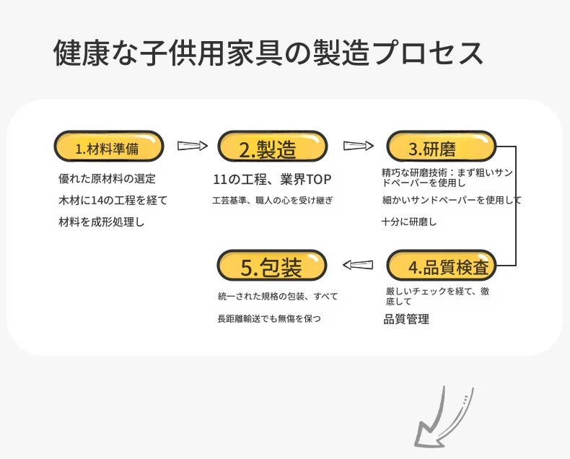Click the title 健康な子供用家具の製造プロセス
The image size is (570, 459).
tap(268, 53)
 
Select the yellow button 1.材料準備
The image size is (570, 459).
tap(109, 147)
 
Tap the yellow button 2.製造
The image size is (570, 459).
tap(273, 147)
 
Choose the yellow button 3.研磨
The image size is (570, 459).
tap(442, 147)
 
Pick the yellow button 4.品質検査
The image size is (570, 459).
tap(442, 265)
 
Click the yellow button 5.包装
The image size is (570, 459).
tap(272, 265)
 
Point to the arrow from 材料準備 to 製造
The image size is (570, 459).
tap(193, 146)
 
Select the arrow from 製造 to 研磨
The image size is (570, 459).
tap(359, 146)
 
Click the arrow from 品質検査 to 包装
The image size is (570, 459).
tap(358, 265)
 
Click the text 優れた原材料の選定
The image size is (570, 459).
tap(107, 178)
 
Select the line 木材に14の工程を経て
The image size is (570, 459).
tap(113, 200)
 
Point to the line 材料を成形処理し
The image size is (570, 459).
tap(102, 222)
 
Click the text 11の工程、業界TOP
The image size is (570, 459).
tap(272, 179)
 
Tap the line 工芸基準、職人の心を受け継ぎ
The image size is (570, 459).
tap(272, 201)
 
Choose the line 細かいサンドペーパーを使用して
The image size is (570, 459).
tap(452, 200)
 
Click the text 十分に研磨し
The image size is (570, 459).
tap(409, 222)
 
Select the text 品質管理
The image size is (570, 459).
tap(406, 319)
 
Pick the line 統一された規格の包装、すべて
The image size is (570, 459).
tap(278, 297)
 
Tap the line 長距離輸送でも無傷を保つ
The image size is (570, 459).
tap(269, 318)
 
